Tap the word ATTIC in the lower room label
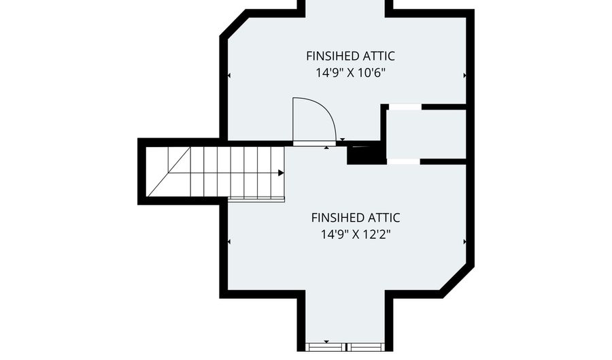(384, 218)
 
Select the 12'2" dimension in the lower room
(377, 235)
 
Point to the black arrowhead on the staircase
(281, 173)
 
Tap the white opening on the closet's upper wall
(405, 107)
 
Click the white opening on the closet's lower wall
(403, 162)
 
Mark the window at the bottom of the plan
(345, 346)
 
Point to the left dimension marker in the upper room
(228, 76)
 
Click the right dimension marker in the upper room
(465, 76)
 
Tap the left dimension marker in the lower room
(228, 242)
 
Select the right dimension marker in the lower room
(465, 242)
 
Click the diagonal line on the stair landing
(169, 171)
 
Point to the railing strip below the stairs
(256, 200)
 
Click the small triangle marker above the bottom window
(326, 342)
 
